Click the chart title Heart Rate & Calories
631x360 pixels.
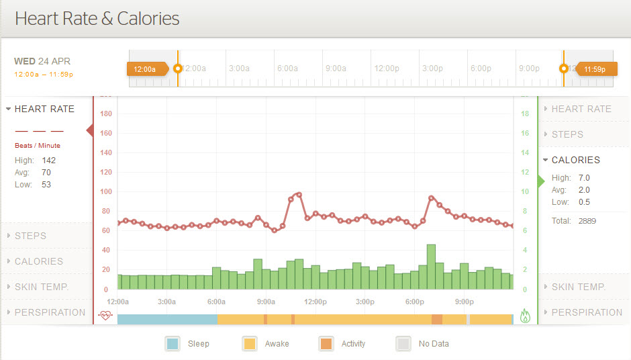coord(97,18)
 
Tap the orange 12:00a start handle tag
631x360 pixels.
coord(145,69)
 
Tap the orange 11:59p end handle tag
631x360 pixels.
coord(595,69)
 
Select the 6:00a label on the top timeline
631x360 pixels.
coord(287,69)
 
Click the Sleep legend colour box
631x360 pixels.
coord(173,344)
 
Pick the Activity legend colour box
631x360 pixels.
coord(326,344)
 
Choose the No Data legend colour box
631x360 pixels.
coord(403,344)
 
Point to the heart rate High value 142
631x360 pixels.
coord(48,161)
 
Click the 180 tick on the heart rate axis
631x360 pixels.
coord(105,114)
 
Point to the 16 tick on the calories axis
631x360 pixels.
coord(525,134)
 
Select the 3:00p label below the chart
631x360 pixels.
coord(365,302)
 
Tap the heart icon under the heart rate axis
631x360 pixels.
coord(105,316)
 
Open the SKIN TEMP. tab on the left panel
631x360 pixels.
coord(42,287)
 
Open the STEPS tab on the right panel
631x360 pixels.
coord(567,134)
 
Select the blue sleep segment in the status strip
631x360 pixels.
coord(166,319)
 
